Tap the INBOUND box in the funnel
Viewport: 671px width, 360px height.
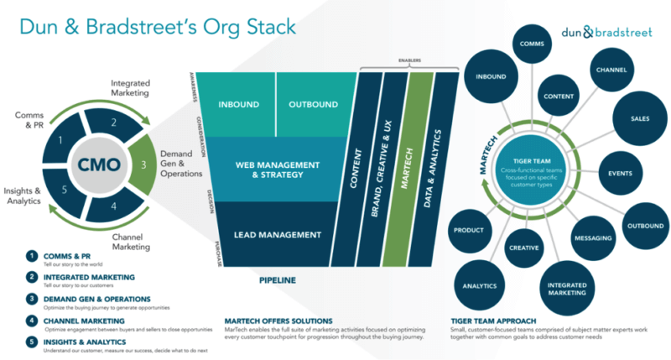(x=238, y=105)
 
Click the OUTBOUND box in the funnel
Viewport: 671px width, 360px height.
(x=313, y=105)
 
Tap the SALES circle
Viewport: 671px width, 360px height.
(x=641, y=119)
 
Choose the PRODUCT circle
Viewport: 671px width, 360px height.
(x=469, y=230)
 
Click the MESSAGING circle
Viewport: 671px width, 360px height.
(x=593, y=237)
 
